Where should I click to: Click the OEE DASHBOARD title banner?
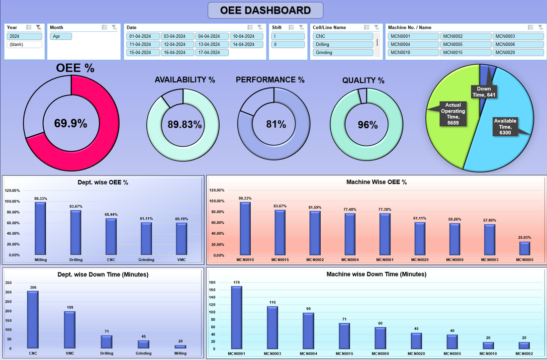coord(265,10)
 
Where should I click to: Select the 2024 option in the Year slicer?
coord(24,36)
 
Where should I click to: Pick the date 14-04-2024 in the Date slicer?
coord(247,44)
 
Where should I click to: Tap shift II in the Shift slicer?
coord(288,44)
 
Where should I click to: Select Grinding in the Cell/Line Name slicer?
coord(343,52)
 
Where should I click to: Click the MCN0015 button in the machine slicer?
coord(465,52)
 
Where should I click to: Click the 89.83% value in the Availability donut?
coord(184,125)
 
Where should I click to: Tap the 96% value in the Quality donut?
coord(367,125)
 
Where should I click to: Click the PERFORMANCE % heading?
coord(270,80)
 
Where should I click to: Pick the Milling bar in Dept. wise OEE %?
coord(40,229)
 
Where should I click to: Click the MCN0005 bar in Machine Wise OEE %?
coord(525,248)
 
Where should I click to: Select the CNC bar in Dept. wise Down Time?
coord(33,319)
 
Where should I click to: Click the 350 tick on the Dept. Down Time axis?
coord(8,282)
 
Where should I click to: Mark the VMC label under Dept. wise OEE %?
coord(182,260)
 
